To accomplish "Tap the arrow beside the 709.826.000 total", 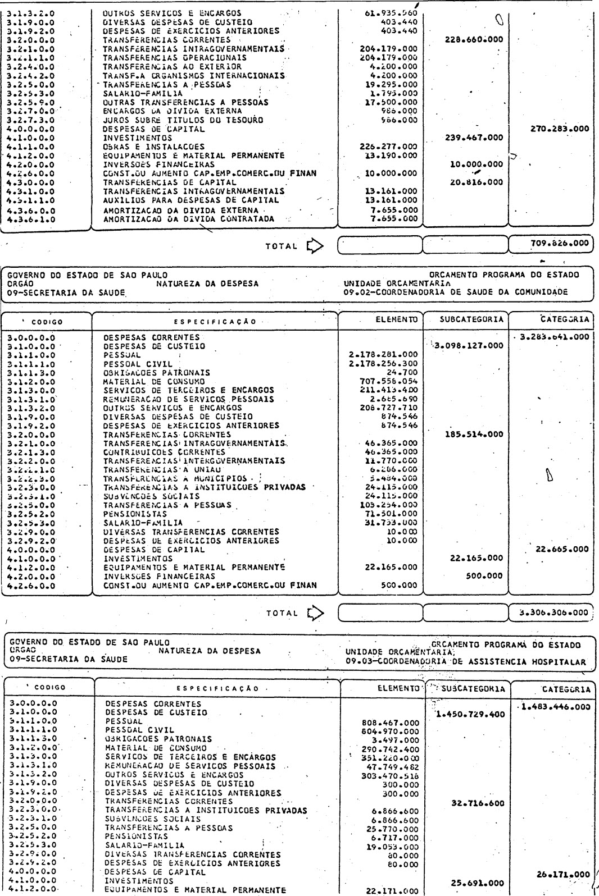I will [312, 245].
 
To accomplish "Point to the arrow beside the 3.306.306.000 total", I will [312, 612].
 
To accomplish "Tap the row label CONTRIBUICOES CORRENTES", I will [164, 451].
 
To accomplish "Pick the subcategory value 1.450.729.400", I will [470, 715].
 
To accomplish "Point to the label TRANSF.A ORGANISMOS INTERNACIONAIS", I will [194, 76].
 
